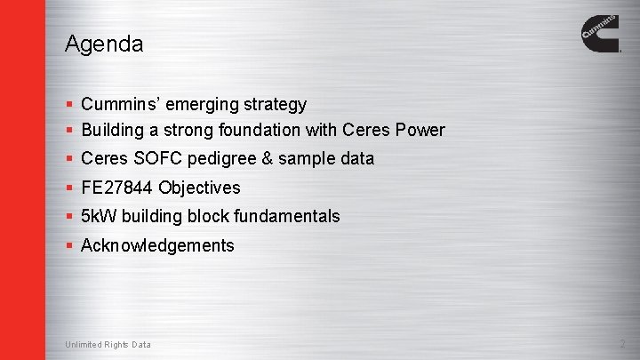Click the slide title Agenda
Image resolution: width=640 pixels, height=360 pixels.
coord(104,44)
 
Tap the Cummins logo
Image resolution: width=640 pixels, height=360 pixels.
coord(601,33)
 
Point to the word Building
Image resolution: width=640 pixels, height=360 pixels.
coord(113,130)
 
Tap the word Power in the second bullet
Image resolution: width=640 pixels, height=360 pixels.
coord(420,130)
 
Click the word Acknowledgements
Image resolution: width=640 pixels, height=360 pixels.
coord(157,245)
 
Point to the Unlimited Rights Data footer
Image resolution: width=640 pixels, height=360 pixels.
coord(108,345)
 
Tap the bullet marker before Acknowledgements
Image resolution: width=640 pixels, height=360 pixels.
coord(69,245)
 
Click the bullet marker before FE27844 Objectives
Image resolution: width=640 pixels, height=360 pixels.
coord(69,188)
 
